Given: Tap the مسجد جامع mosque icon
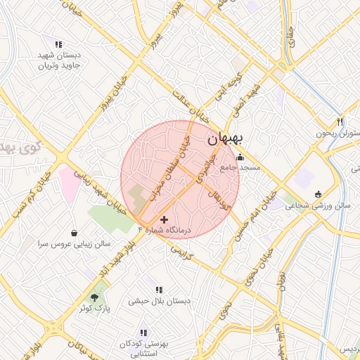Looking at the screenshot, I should point(241,157).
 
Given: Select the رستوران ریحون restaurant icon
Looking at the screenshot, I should point(341,121).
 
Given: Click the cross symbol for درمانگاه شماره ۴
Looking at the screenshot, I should point(165,219).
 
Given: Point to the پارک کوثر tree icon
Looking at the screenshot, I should point(94,298).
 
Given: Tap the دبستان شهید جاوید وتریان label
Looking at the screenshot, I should point(58,60).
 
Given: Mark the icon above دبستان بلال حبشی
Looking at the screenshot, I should point(160,290).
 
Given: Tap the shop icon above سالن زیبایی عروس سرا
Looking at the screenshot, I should point(75,233).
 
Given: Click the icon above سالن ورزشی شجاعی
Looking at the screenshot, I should point(318,194).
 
